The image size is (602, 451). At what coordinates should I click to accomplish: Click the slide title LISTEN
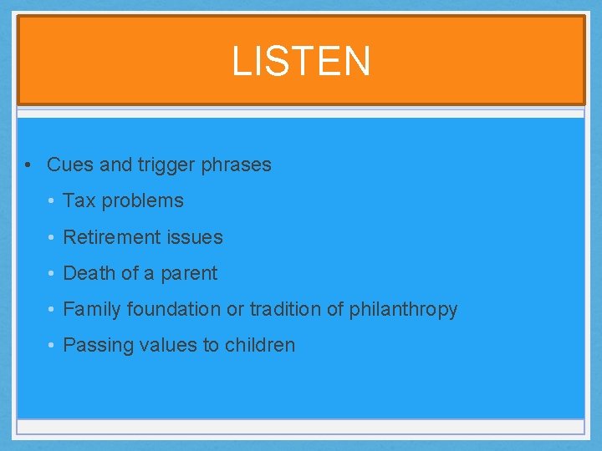[x=301, y=62]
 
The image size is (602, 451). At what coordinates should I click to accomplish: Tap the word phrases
[x=236, y=165]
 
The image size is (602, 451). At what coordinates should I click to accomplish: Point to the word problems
[x=142, y=201]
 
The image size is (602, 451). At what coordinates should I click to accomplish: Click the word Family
[x=92, y=310]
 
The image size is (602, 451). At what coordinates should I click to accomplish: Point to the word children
[x=259, y=345]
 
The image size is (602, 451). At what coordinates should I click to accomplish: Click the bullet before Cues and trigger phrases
[x=28, y=165]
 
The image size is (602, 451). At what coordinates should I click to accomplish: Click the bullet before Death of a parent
[x=51, y=274]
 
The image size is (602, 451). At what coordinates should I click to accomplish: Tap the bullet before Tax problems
[x=51, y=201]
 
